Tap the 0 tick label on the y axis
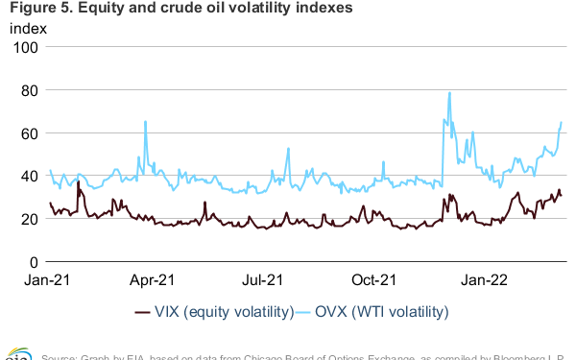[x=33, y=261]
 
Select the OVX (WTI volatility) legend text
[x=383, y=312]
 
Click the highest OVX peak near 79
[x=449, y=93]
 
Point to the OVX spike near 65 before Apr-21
[x=145, y=122]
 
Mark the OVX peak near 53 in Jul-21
[x=288, y=149]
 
